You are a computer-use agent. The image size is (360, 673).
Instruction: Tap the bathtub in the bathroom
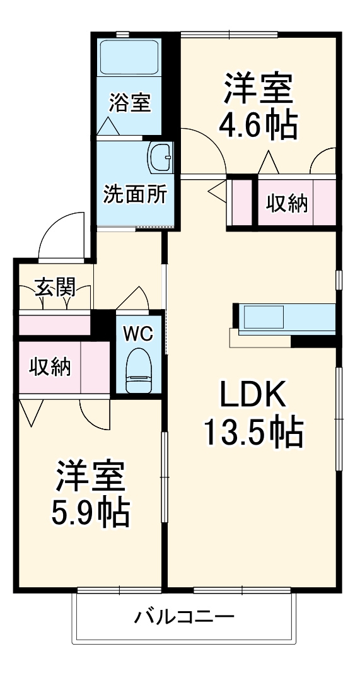point(129,59)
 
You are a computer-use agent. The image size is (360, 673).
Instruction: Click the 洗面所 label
point(135,195)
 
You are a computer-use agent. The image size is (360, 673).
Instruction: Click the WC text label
point(137,334)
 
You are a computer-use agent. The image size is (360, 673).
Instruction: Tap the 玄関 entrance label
point(54,288)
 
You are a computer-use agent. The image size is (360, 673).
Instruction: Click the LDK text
point(252,395)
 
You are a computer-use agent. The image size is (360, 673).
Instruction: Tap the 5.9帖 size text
point(90,512)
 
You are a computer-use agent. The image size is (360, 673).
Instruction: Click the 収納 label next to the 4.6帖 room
point(286,203)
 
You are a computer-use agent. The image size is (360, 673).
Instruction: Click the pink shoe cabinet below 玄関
point(54,324)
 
